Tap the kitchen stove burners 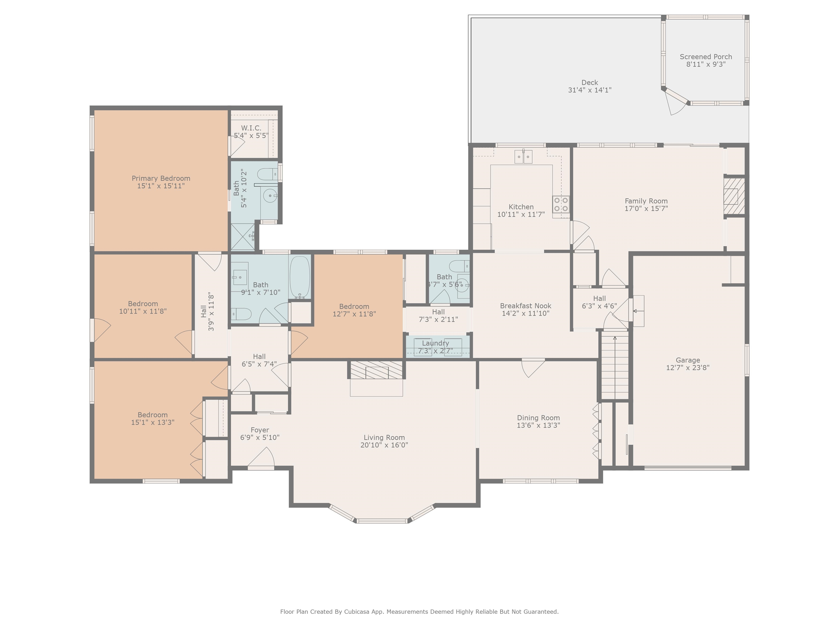pos(561,204)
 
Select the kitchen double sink pos(524,157)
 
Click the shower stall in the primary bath pos(243,237)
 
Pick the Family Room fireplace pos(734,196)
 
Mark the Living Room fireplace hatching pos(376,370)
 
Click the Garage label pos(688,360)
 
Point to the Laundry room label pos(435,343)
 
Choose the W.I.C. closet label pos(251,128)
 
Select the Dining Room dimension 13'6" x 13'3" pos(538,425)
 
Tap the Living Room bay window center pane pos(382,521)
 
